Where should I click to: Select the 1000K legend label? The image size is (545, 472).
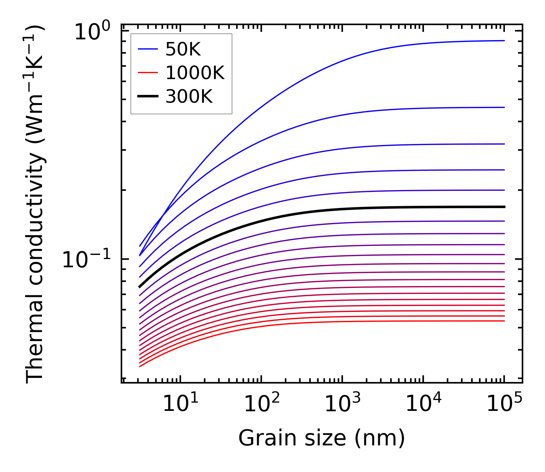pos(195,73)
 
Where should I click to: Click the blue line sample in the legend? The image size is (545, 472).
pos(148,49)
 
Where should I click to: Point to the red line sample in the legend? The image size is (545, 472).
pos(148,73)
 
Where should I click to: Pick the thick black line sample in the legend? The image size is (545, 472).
pos(148,97)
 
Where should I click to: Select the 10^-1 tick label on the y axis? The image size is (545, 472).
pos(87,259)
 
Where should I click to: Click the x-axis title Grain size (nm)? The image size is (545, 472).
pos(322,438)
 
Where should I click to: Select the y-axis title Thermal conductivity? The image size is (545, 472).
pos(36,204)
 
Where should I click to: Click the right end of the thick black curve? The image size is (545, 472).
pos(504,207)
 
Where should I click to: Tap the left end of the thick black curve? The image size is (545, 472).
pos(140,287)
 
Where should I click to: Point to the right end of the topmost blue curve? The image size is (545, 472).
pos(504,40)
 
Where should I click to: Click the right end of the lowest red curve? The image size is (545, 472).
pos(504,321)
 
